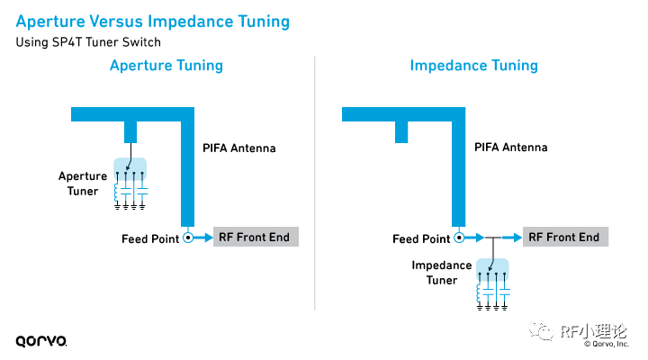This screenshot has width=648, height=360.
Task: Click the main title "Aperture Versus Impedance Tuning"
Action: pos(152,22)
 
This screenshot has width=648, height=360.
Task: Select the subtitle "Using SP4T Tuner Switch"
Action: pos(88,42)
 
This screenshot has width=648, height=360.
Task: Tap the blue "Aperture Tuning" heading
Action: pos(166,66)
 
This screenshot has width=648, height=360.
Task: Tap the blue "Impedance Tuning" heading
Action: pos(473,66)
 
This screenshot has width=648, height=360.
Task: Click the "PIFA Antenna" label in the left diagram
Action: pos(238,148)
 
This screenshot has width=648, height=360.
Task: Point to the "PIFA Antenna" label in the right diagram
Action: pos(511,148)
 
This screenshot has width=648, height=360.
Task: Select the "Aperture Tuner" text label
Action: pos(83,184)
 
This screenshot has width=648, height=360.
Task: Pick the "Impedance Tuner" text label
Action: pos(441,273)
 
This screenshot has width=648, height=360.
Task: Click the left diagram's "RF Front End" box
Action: pos(256,237)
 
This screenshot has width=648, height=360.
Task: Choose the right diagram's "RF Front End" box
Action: pos(565,237)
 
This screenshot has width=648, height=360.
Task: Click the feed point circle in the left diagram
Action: pos(188,238)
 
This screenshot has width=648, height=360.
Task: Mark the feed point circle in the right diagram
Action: pos(459,238)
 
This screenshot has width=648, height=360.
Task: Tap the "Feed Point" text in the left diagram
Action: pos(150,239)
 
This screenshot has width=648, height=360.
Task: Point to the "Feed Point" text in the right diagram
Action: pos(421,239)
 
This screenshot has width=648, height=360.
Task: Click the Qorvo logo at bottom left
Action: pos(41,341)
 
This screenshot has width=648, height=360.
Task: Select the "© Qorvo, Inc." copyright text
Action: pos(607,344)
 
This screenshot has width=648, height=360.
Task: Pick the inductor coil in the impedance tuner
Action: pos(479,293)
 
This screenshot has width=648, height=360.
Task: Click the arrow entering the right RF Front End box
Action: pos(511,238)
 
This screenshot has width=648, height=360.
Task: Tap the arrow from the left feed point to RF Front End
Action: pos(202,238)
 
